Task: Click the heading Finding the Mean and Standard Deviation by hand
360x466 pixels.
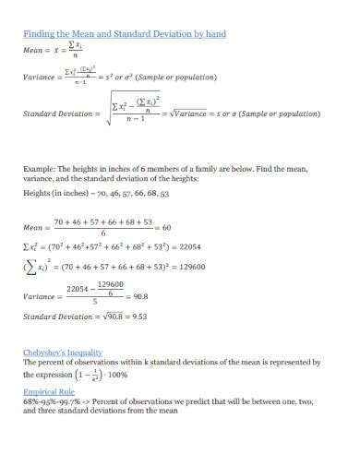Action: point(124,34)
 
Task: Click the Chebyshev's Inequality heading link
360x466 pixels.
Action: point(62,352)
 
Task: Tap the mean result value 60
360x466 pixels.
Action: point(167,228)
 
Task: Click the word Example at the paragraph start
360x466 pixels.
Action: point(39,169)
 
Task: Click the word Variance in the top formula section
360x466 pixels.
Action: point(41,79)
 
